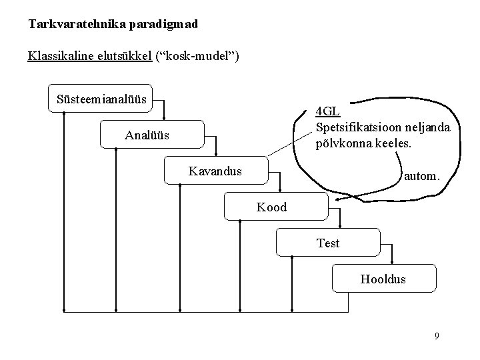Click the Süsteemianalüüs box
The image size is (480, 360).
point(101,98)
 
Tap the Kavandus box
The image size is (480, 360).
point(215,171)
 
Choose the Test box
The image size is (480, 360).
point(328,243)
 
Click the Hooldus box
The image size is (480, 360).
point(383,279)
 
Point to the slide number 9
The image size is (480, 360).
point(436,336)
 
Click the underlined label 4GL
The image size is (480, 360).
point(327,111)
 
